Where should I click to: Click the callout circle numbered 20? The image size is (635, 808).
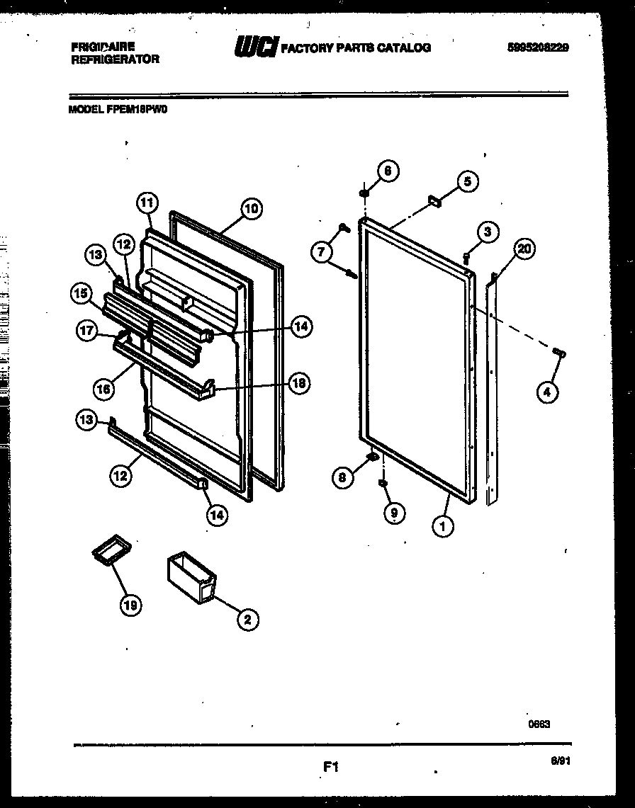(524, 249)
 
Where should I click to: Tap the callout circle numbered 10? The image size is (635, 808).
(252, 208)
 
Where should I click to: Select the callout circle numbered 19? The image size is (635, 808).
(131, 604)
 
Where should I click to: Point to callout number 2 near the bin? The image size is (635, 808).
(247, 620)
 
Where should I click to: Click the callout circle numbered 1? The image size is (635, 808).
(445, 526)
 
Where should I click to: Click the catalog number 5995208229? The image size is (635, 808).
(539, 47)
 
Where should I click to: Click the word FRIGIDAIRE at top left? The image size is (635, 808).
(103, 46)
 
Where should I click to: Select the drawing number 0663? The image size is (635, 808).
(539, 723)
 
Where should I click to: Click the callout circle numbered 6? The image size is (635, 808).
(388, 170)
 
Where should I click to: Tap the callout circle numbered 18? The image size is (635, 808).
(299, 383)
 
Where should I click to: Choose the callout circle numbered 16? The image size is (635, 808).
(103, 388)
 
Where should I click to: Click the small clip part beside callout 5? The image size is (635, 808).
(434, 203)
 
